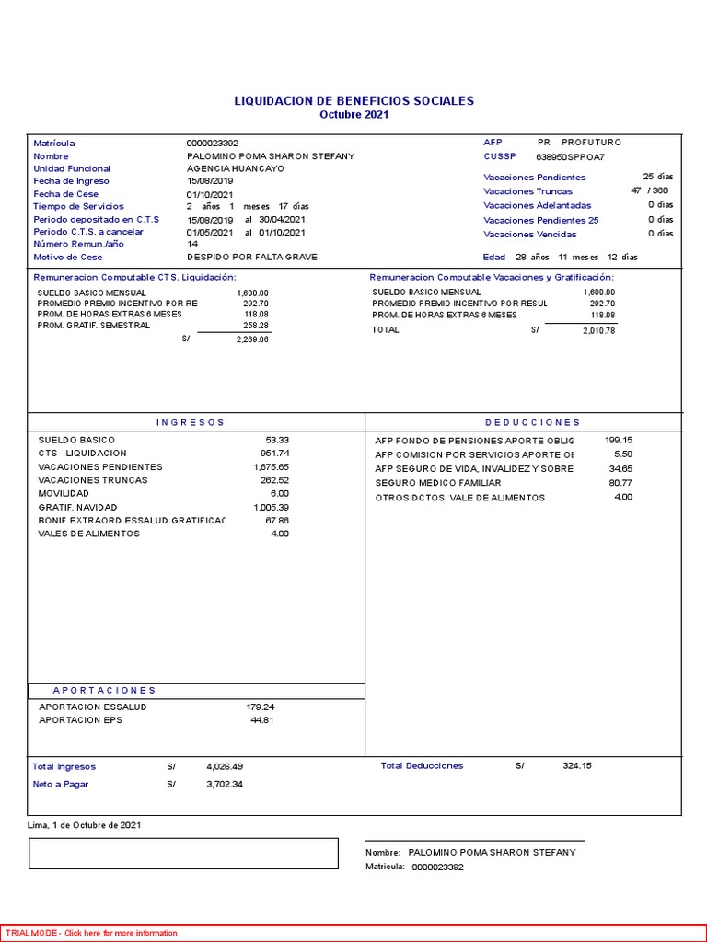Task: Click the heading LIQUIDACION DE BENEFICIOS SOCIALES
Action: [354, 100]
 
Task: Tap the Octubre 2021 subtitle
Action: [354, 115]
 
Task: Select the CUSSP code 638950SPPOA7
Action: [570, 156]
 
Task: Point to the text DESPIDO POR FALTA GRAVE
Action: [251, 258]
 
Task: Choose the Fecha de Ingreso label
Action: [71, 181]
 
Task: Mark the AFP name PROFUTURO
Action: [591, 143]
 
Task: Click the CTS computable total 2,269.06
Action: [251, 339]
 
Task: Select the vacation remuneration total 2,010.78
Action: [598, 330]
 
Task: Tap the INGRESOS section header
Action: [191, 422]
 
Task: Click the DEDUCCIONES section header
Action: [532, 422]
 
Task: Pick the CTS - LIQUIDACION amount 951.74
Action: [274, 454]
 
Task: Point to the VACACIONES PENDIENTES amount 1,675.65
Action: [271, 467]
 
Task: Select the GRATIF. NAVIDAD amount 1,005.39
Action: [271, 507]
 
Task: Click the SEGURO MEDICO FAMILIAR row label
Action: [438, 483]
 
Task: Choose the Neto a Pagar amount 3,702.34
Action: [225, 785]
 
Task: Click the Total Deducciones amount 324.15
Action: [577, 766]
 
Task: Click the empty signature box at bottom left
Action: [183, 854]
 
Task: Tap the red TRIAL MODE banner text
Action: [91, 933]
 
